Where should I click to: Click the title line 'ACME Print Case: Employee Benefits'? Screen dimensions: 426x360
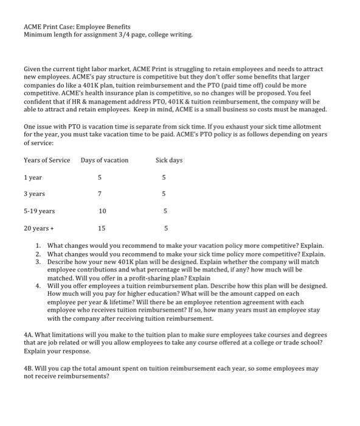(x=77, y=27)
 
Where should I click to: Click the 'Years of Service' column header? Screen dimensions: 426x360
(x=47, y=160)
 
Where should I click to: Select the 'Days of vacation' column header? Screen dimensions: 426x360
(x=105, y=160)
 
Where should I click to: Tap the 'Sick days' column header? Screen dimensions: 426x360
(x=169, y=160)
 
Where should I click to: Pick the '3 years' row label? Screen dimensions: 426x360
(x=35, y=194)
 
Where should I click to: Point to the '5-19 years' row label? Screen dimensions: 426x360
(x=39, y=211)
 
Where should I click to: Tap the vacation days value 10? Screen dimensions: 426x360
(x=102, y=211)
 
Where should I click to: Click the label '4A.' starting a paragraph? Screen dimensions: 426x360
(x=29, y=335)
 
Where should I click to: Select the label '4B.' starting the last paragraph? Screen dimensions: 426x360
(x=29, y=368)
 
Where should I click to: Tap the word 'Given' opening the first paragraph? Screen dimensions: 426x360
(x=33, y=71)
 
